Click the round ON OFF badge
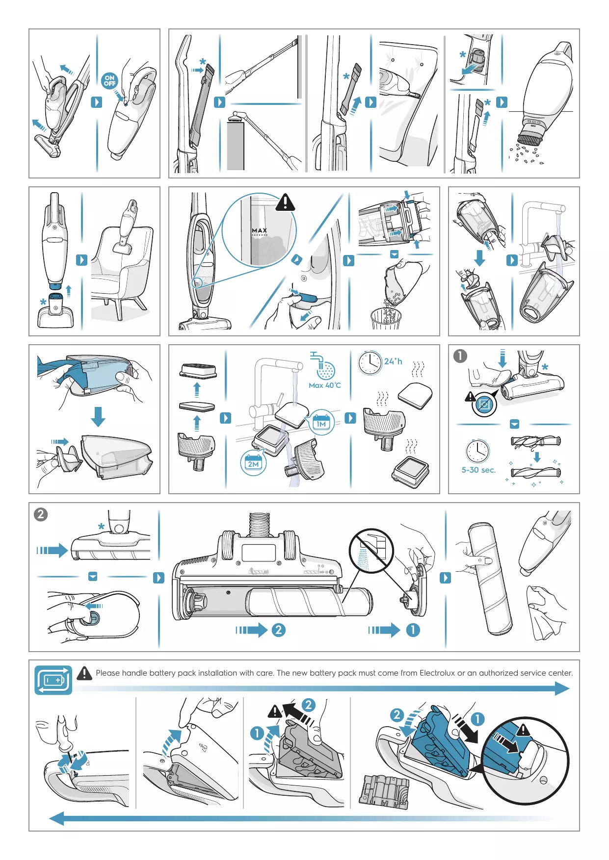[x=109, y=80]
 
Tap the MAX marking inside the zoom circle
[x=260, y=230]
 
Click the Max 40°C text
[x=324, y=385]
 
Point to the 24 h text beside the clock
[x=393, y=361]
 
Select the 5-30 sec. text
[x=478, y=470]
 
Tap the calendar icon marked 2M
[x=254, y=463]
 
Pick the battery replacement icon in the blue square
[x=53, y=680]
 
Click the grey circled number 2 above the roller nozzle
[x=41, y=514]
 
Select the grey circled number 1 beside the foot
[x=460, y=356]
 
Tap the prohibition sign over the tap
[x=371, y=551]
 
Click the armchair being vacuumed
[x=120, y=268]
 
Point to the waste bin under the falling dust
[x=386, y=319]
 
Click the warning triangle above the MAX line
[x=285, y=202]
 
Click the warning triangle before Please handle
[x=84, y=673]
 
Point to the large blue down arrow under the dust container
[x=98, y=416]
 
